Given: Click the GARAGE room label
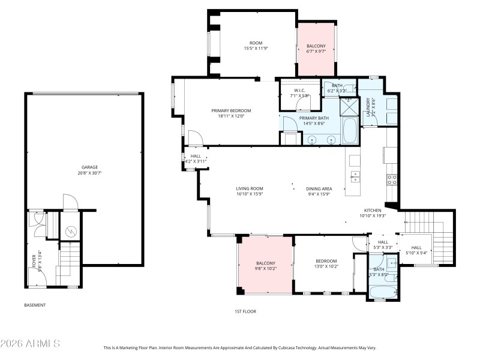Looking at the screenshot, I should coord(89,167).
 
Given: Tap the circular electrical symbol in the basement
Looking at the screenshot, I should coord(70,230).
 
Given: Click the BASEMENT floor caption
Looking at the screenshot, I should coord(35,305).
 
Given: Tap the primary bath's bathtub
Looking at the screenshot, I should coord(349,130).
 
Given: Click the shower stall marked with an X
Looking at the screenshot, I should coord(349,107).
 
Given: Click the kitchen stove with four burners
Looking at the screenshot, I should coord(392,179).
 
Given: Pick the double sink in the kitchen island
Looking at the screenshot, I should coord(355,176).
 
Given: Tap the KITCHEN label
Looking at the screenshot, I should coord(373,211).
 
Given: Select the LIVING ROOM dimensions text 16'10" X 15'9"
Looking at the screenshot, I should coord(250,194).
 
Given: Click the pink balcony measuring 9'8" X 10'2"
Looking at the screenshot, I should coord(265,266).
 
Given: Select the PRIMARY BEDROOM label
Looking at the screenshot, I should coord(231,110).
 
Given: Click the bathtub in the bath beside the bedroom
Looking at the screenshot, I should coord(382,293).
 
